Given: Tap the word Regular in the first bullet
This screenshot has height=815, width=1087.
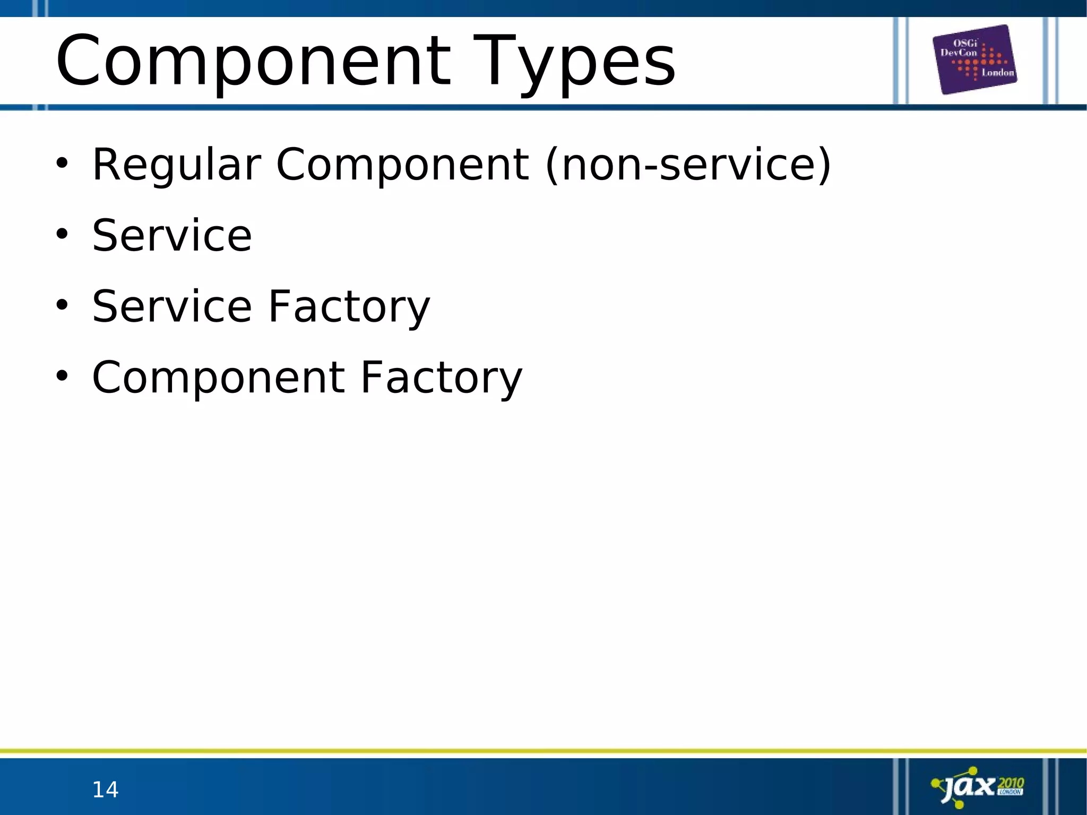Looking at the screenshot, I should [x=176, y=165].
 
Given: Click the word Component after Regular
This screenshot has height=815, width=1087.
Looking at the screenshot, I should [x=402, y=165].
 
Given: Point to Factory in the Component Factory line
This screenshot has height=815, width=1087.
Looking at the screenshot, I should [x=441, y=378].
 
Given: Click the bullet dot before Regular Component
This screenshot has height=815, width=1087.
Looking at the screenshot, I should [x=62, y=163].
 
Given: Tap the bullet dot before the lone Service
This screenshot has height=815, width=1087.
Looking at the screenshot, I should [x=62, y=234].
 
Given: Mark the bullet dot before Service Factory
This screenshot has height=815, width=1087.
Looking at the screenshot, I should [x=62, y=305].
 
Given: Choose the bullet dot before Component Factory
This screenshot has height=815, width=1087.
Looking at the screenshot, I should [x=62, y=376].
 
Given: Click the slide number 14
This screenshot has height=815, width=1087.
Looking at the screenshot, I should [x=105, y=790].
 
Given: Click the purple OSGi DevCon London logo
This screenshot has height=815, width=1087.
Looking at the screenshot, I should [x=975, y=59].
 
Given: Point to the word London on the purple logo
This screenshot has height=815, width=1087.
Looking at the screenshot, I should [x=997, y=73].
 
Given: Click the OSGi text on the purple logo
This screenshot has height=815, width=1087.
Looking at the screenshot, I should [x=965, y=44].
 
